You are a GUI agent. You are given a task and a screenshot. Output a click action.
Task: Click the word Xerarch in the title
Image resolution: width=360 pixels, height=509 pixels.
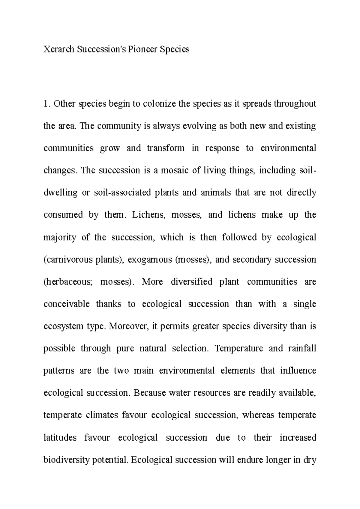(x=58, y=49)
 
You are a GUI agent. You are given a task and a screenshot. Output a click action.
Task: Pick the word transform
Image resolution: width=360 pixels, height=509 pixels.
(x=166, y=148)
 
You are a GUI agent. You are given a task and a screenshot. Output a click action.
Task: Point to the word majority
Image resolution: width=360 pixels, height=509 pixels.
(x=60, y=237)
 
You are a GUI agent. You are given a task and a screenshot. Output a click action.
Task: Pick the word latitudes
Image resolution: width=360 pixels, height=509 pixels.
(x=60, y=438)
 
